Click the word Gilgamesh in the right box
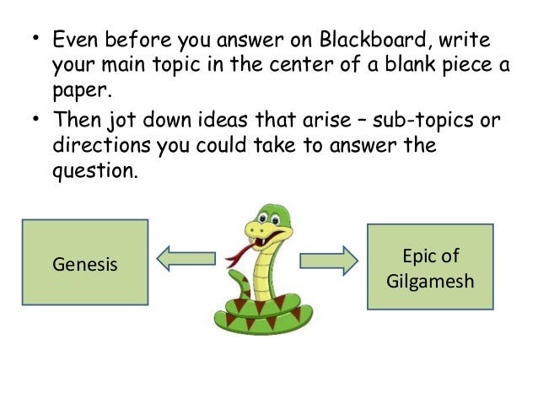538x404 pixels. (x=430, y=279)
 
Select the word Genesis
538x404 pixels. (x=85, y=265)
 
